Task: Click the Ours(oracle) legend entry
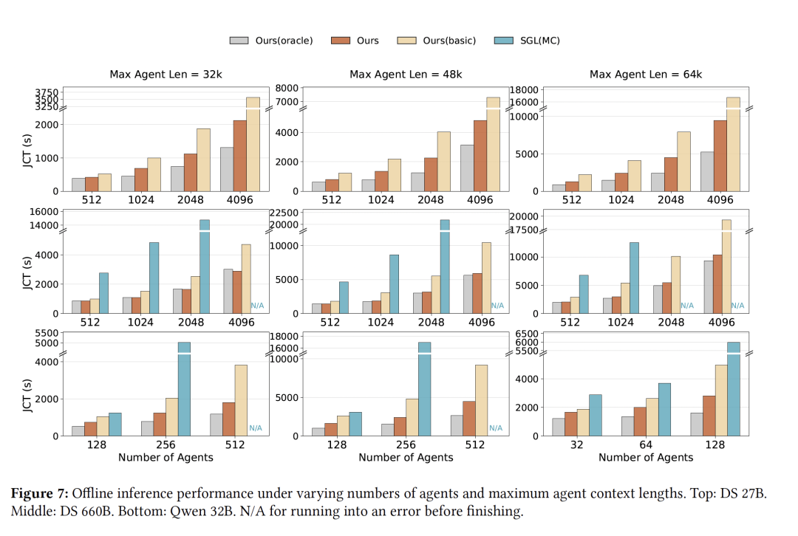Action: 271,41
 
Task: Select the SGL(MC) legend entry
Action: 527,41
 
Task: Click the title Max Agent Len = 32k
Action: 163,75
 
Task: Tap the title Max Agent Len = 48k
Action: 406,75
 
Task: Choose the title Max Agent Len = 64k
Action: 646,75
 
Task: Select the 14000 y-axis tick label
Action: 44,225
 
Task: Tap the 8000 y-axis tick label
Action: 288,89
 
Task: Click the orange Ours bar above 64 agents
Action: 640,422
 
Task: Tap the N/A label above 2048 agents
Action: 687,305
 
